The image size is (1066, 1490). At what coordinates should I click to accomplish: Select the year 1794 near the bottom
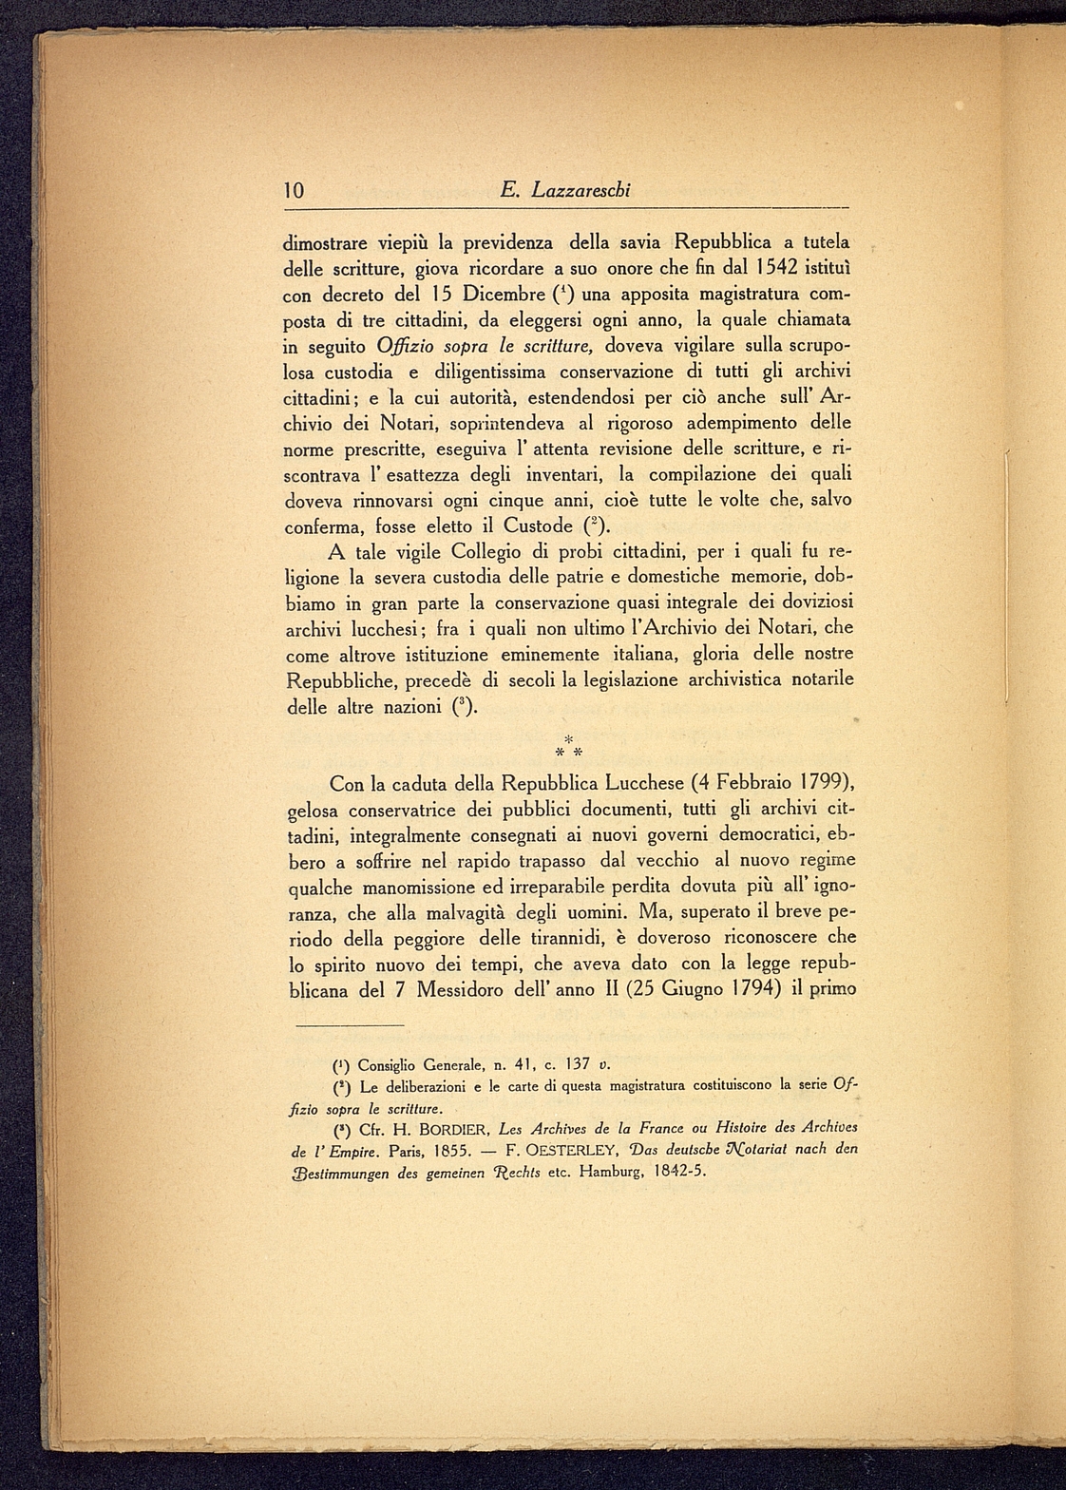[744, 989]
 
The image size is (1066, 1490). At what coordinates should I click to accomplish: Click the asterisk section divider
[568, 746]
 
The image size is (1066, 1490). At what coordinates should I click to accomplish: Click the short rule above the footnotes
[349, 1024]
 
